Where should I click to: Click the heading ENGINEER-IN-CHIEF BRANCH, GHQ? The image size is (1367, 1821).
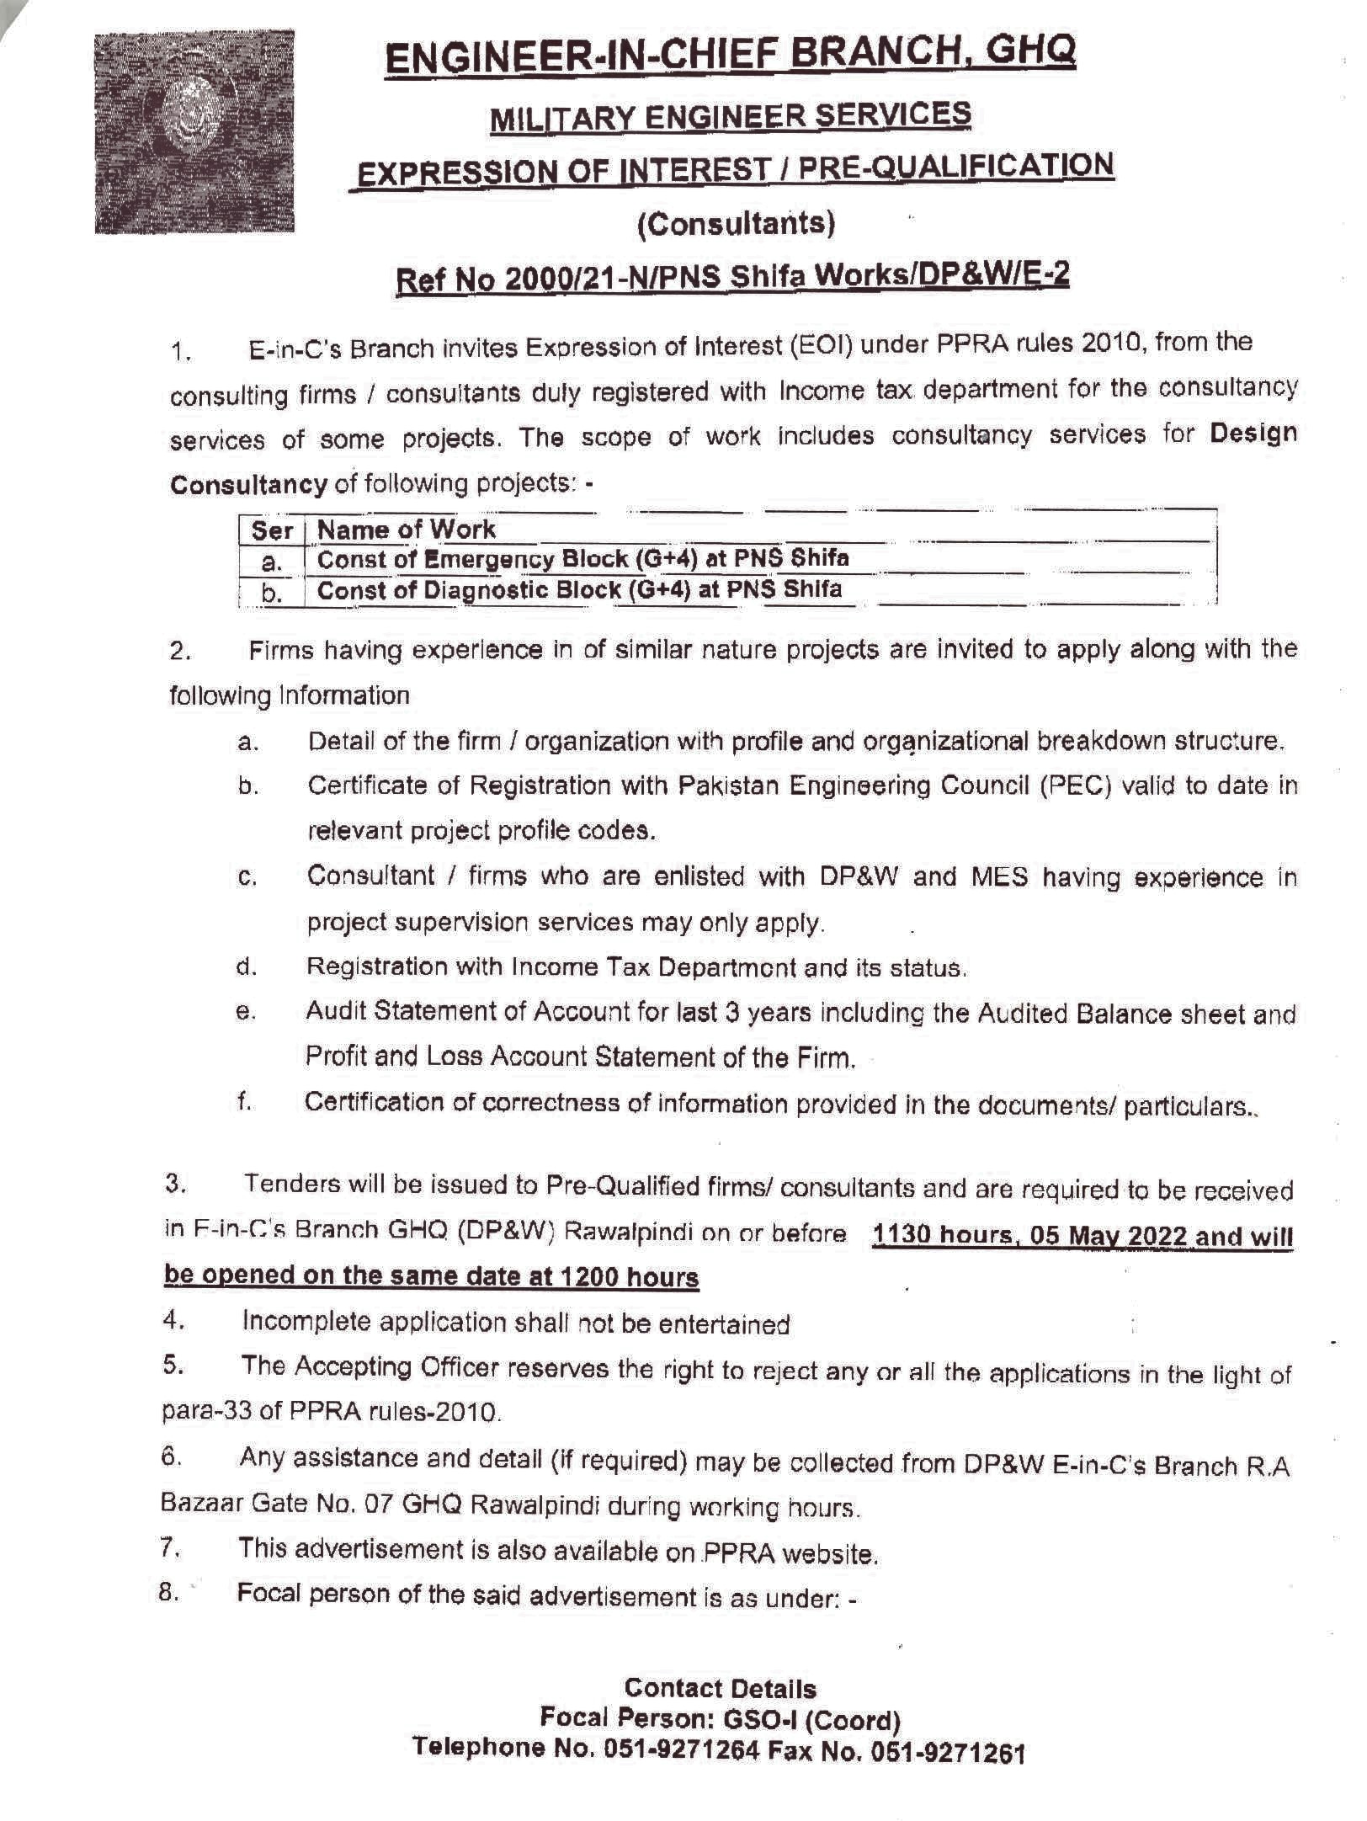[x=731, y=56]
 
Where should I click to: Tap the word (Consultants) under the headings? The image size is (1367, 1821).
[x=737, y=223]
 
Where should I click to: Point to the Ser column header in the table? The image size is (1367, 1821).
[x=272, y=531]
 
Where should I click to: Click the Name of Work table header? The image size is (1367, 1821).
[x=407, y=530]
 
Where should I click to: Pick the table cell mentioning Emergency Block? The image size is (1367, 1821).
[x=582, y=559]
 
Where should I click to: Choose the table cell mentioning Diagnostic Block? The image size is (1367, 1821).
[x=579, y=589]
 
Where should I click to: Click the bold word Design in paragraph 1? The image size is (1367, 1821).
[x=1253, y=434]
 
